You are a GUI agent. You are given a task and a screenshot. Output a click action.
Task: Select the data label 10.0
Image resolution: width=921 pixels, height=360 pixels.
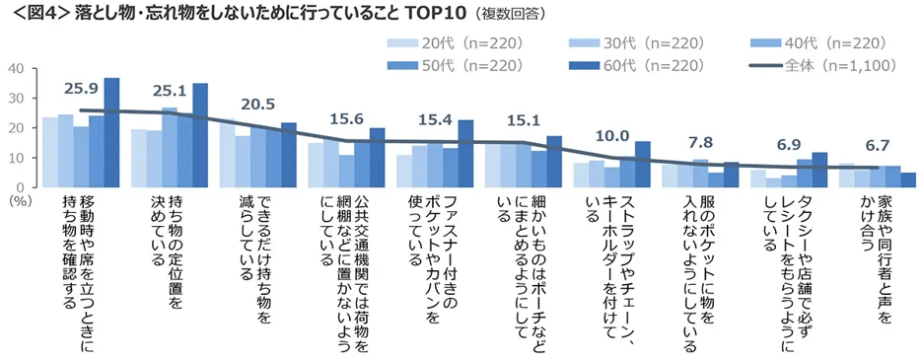[610, 135]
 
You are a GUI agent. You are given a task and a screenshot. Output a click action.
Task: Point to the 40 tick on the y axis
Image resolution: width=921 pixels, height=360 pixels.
[17, 68]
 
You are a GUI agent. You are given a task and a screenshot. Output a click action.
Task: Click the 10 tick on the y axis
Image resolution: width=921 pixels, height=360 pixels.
[17, 157]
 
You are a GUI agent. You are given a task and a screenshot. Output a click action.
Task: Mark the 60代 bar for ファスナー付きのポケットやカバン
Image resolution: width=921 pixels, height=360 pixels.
[465, 153]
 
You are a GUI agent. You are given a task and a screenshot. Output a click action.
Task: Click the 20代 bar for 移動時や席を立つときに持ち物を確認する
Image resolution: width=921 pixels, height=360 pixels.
[49, 152]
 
